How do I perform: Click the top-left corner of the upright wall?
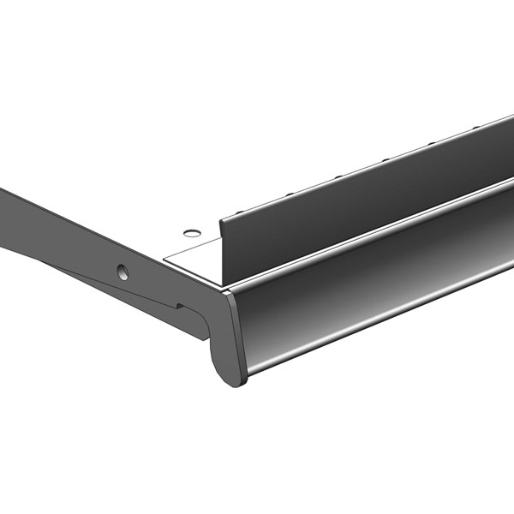[x=221, y=221]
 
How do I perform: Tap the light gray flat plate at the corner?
[x=193, y=254]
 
